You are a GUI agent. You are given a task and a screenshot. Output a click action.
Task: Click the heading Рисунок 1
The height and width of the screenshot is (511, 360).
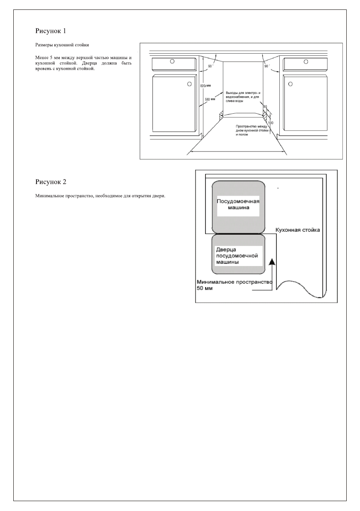(x=50, y=31)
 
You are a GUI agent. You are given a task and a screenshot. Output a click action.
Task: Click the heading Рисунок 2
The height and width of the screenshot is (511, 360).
(x=50, y=181)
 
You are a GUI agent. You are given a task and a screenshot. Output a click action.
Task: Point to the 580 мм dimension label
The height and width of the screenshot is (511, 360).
(x=209, y=100)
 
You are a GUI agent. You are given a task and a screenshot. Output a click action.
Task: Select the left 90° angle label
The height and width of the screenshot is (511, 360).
(x=211, y=66)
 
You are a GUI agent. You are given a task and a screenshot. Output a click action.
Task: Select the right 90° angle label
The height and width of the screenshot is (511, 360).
(x=267, y=66)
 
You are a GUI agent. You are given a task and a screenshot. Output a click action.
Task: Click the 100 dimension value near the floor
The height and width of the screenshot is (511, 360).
(x=270, y=123)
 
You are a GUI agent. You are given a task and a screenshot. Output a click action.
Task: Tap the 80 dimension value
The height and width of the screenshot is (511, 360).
(x=265, y=106)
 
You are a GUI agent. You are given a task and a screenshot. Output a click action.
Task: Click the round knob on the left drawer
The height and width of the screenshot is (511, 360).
(x=172, y=61)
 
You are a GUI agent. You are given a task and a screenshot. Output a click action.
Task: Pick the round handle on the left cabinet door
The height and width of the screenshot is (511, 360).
(x=188, y=84)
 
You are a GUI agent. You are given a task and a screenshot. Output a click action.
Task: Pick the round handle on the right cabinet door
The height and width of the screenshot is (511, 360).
(x=290, y=84)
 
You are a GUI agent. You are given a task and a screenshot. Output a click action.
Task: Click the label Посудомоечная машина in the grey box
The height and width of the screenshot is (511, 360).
(x=238, y=204)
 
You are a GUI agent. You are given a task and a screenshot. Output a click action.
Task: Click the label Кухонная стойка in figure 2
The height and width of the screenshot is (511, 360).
(x=297, y=230)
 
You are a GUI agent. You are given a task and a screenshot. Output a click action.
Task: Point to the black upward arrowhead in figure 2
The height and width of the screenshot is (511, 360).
(x=271, y=262)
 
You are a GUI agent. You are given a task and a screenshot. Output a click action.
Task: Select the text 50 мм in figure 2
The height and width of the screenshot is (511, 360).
(x=204, y=289)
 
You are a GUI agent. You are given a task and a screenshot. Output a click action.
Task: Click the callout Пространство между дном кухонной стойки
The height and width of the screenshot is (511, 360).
(x=251, y=130)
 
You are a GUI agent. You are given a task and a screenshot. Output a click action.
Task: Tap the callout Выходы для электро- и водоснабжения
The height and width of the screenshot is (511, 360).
(x=243, y=97)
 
